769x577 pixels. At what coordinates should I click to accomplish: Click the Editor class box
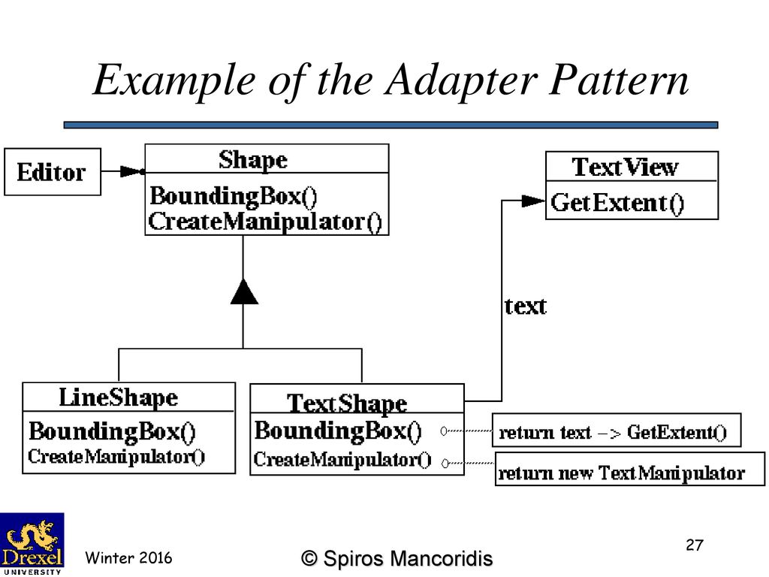53,172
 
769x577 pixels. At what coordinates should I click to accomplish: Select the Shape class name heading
253,160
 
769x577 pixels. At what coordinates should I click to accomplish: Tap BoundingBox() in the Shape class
234,196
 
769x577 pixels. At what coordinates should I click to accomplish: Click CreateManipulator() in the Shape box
265,222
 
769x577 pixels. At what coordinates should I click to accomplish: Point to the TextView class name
626,167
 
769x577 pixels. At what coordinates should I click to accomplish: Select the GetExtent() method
617,203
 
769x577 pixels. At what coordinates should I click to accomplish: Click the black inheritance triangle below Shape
244,292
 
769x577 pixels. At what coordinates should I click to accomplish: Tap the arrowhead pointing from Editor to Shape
131,171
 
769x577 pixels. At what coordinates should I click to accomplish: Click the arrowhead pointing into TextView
534,201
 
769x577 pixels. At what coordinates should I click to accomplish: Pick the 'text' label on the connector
525,307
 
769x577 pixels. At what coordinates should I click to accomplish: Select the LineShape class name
118,397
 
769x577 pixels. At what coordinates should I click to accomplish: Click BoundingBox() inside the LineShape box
113,432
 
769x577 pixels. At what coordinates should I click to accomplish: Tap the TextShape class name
347,403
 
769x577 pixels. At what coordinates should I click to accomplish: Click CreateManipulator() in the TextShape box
342,461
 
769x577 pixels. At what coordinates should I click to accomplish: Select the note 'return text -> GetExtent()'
616,430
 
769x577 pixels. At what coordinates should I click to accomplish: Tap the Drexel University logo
32,544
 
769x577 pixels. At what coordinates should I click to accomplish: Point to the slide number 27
695,545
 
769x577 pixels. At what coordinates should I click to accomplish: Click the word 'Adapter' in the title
461,80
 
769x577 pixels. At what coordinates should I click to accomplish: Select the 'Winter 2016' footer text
128,558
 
